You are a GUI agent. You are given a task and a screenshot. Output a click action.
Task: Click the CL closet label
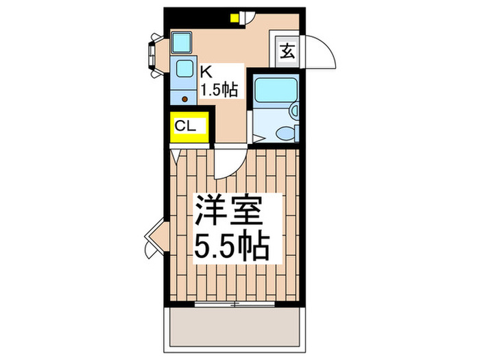pyautogui.click(x=186, y=126)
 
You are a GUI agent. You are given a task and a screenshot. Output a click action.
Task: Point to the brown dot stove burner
pyautogui.click(x=184, y=98)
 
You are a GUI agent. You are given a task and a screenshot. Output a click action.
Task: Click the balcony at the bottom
pyautogui.click(x=233, y=326)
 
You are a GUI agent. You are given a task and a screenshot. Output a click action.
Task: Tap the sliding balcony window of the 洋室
pyautogui.click(x=233, y=302)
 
